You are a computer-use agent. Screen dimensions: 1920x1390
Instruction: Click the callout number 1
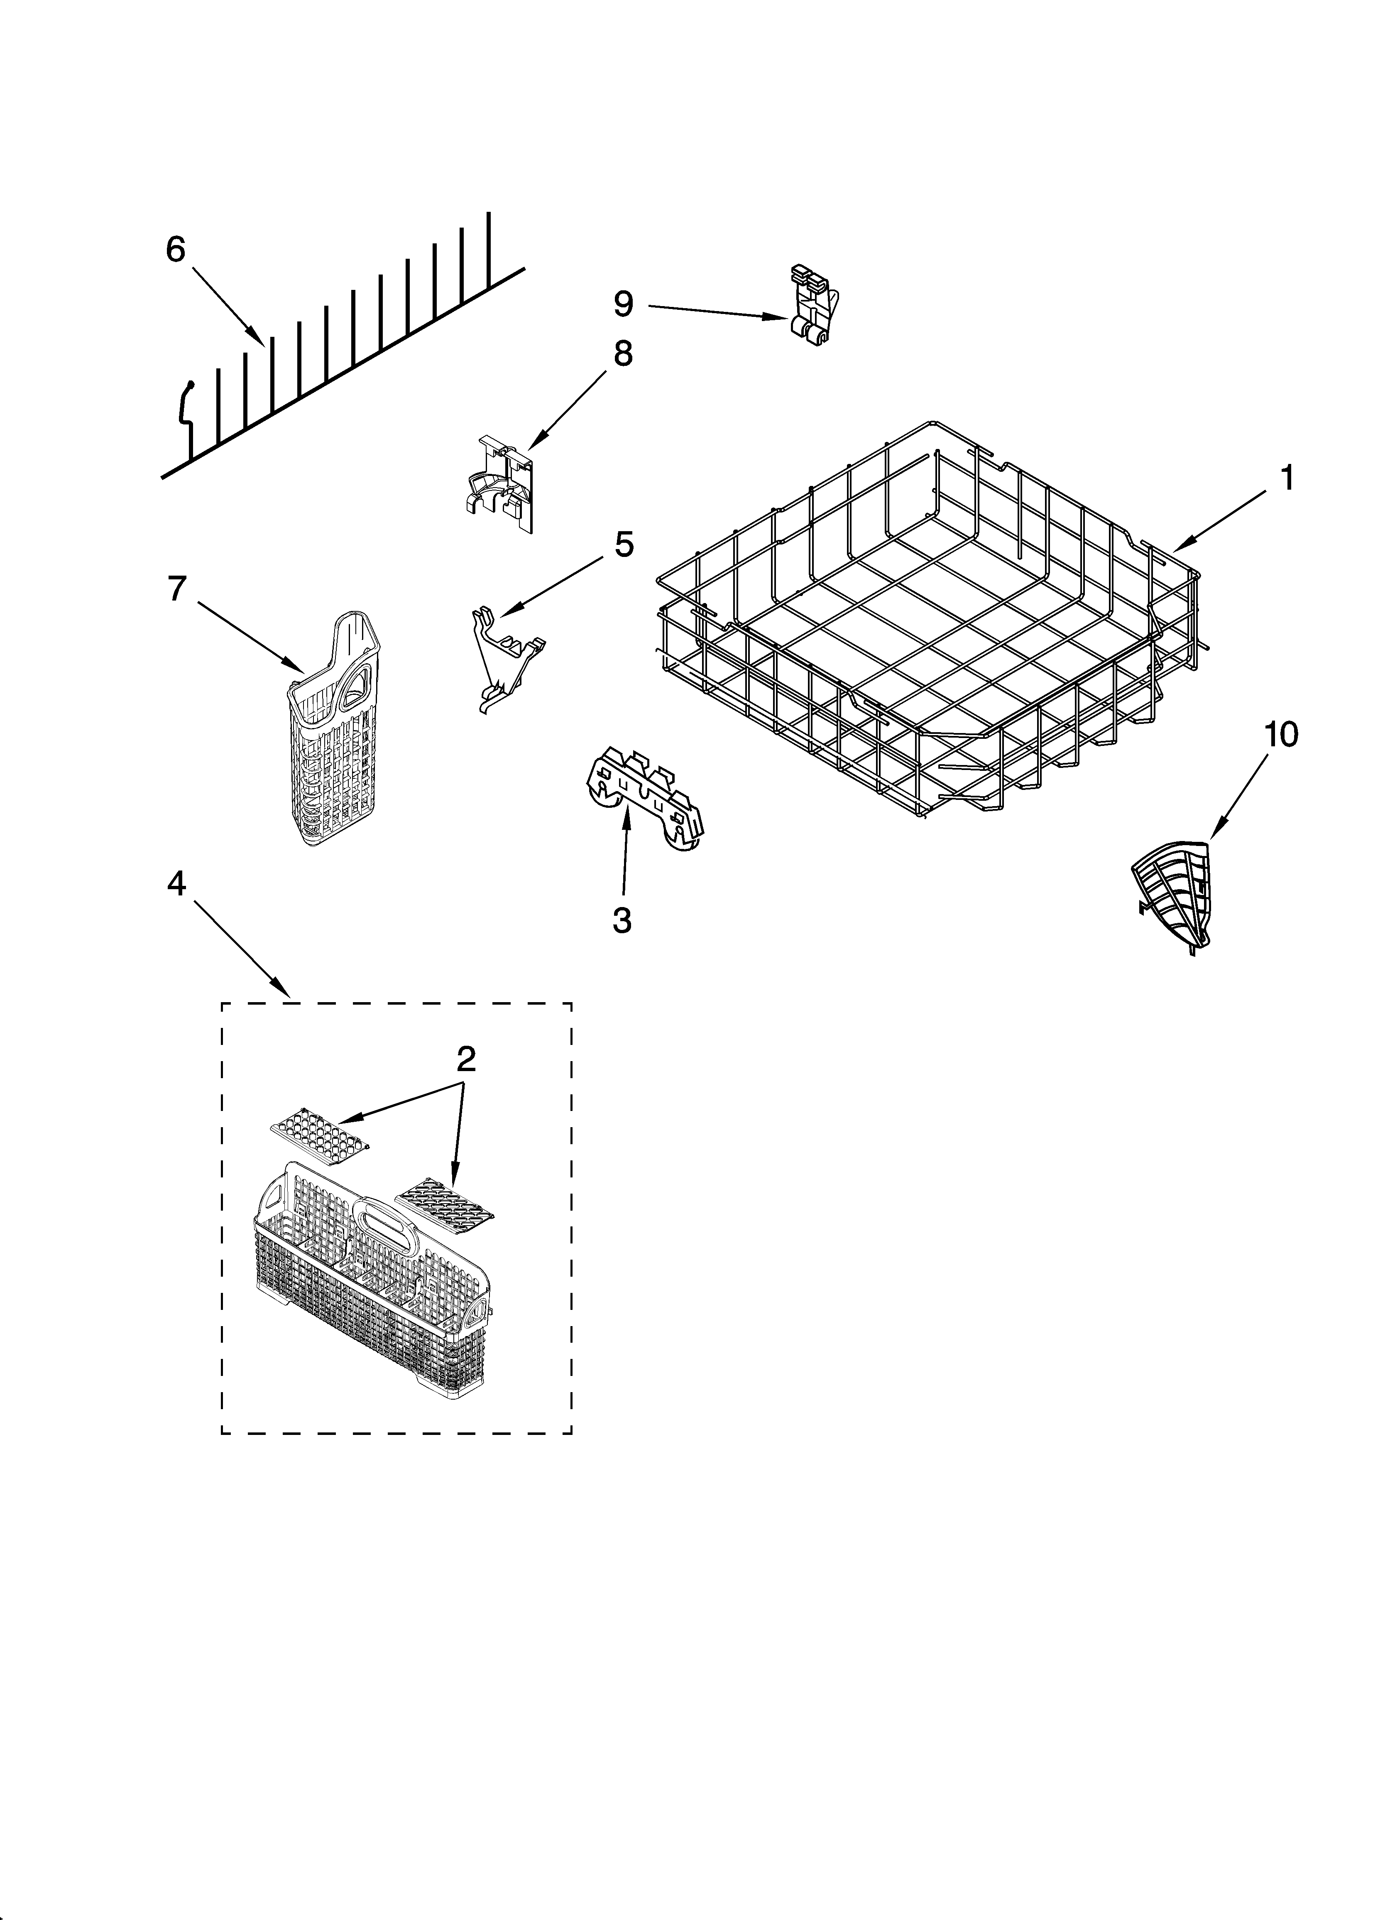tap(1285, 479)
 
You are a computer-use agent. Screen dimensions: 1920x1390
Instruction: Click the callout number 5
tap(623, 544)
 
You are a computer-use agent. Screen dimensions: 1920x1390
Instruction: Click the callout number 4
tap(175, 883)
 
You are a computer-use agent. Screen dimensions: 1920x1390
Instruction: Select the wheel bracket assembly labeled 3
tap(645, 798)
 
